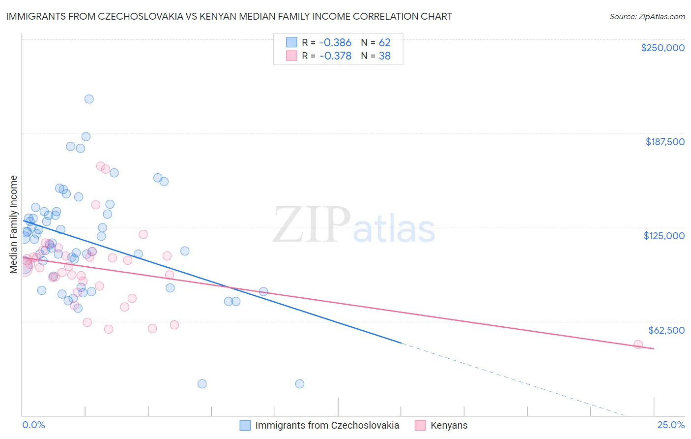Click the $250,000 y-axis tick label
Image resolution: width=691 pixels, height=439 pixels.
[x=662, y=48]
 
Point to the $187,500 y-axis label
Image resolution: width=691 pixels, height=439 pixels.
[x=664, y=142]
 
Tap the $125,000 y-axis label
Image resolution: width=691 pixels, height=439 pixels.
[x=664, y=236]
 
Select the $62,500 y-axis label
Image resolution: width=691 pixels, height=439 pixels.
[x=666, y=330]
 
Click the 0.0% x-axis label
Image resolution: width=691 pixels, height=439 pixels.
[x=33, y=425]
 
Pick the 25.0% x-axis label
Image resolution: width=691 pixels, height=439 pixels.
[x=671, y=425]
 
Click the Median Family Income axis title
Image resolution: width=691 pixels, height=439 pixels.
[x=13, y=224]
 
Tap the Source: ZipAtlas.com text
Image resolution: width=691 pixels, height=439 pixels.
[x=647, y=16]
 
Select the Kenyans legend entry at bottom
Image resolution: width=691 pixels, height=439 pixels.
[x=448, y=425]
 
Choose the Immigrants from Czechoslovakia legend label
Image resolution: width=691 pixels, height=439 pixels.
[x=327, y=425]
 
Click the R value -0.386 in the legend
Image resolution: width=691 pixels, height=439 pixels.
[x=335, y=42]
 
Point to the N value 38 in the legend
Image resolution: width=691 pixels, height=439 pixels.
[x=384, y=56]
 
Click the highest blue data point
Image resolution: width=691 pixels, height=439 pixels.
[x=89, y=99]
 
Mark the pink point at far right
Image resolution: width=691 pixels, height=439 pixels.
[x=638, y=345]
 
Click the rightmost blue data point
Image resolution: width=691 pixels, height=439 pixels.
[x=300, y=384]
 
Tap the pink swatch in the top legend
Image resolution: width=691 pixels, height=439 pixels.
[x=291, y=56]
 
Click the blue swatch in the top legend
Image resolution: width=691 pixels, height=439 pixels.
[x=291, y=42]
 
